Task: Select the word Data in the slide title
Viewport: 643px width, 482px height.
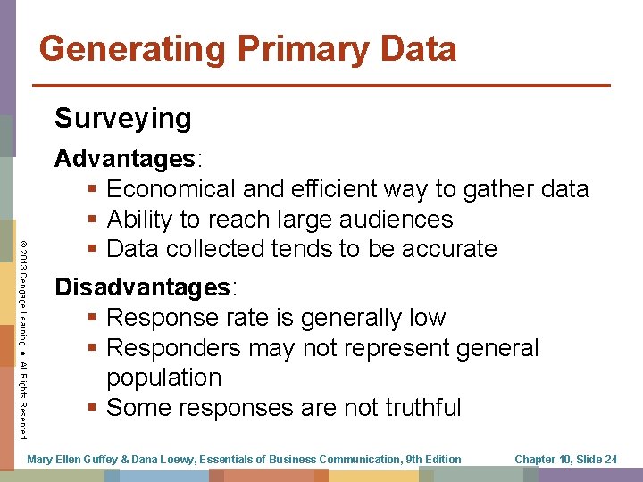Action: click(418, 48)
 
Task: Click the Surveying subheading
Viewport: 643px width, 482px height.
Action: click(123, 118)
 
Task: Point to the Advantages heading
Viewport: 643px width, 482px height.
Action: click(126, 159)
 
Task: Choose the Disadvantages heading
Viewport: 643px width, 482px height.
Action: click(143, 287)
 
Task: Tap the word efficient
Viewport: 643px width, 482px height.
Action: click(329, 189)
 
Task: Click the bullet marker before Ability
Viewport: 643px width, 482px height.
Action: click(93, 220)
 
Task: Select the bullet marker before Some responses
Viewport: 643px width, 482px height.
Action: click(93, 408)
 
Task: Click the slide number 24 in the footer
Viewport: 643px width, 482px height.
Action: click(610, 459)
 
